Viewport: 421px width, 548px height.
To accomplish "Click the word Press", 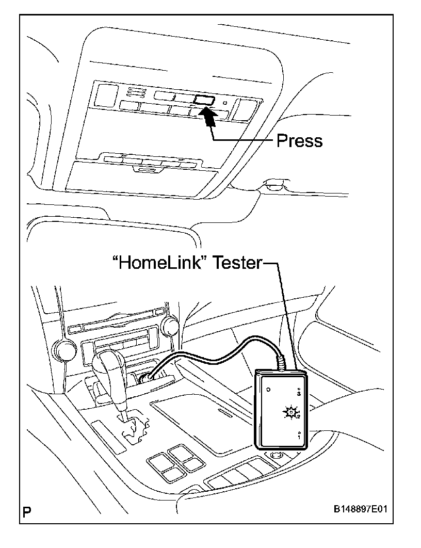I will click(299, 140).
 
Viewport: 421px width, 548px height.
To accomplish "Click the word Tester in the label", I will click(238, 263).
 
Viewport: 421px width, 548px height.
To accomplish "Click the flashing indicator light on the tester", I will click(290, 412).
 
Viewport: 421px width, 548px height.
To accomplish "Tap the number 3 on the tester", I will click(300, 392).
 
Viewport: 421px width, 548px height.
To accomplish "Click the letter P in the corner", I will click(27, 512).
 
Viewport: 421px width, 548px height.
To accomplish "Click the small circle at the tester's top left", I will click(269, 390).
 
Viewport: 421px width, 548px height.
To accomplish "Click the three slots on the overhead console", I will click(135, 93).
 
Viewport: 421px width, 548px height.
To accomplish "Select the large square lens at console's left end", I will click(106, 95).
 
